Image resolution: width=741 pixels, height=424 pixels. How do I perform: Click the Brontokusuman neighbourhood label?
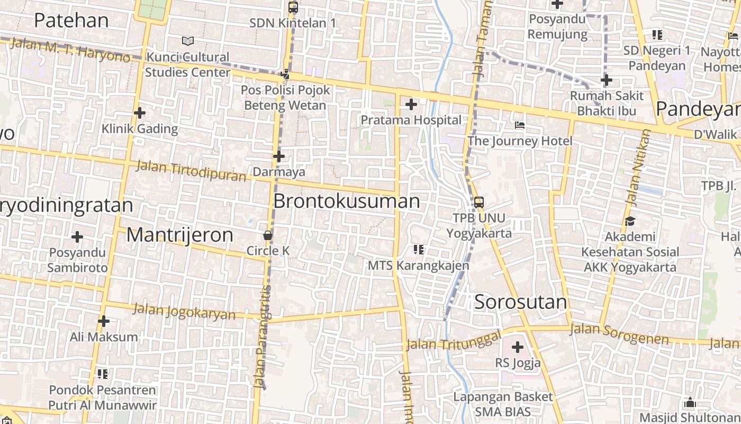pyautogui.click(x=347, y=201)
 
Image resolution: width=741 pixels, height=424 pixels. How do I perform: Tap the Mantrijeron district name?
pyautogui.click(x=179, y=235)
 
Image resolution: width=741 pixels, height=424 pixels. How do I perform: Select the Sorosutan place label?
pyautogui.click(x=520, y=302)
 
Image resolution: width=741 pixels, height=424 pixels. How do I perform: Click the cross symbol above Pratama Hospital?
pyautogui.click(x=411, y=104)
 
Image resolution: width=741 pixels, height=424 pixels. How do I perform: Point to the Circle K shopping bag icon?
pyautogui.click(x=268, y=235)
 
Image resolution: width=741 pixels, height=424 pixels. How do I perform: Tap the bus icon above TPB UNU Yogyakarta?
pyautogui.click(x=478, y=202)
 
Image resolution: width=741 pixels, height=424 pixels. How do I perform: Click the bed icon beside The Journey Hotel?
pyautogui.click(x=520, y=126)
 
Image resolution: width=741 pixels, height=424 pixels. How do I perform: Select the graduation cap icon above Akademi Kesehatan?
pyautogui.click(x=630, y=221)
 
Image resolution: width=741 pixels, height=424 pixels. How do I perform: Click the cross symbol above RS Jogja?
pyautogui.click(x=518, y=348)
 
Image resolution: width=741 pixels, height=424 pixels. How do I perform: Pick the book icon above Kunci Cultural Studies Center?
pyautogui.click(x=187, y=41)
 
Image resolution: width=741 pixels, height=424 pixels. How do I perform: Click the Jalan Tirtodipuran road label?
pyautogui.click(x=191, y=170)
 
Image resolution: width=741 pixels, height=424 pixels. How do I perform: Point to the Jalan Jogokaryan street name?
pyautogui.click(x=184, y=311)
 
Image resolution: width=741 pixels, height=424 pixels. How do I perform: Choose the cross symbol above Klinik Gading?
pyautogui.click(x=140, y=113)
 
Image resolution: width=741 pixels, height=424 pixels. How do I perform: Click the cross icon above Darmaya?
pyautogui.click(x=279, y=156)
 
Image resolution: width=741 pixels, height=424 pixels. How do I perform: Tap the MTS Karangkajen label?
pyautogui.click(x=418, y=265)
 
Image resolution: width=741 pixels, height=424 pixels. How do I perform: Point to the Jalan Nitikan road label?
pyautogui.click(x=637, y=167)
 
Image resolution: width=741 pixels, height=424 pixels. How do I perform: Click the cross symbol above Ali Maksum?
pyautogui.click(x=104, y=321)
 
